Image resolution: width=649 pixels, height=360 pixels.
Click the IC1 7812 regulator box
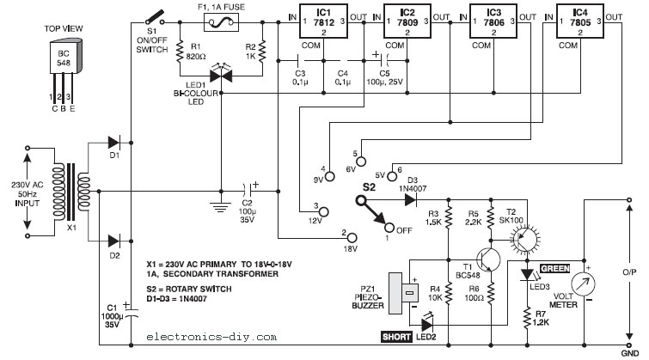pyautogui.click(x=324, y=21)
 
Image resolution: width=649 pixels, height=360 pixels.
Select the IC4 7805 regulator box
pyautogui.click(x=580, y=21)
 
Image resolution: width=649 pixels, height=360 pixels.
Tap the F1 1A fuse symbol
pyautogui.click(x=222, y=22)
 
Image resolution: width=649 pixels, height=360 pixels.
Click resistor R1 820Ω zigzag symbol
pyautogui.click(x=180, y=51)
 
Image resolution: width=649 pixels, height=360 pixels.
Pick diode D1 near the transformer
pyautogui.click(x=113, y=143)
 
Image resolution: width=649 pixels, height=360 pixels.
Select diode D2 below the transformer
pyautogui.click(x=113, y=241)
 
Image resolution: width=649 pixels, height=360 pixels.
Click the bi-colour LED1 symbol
pyautogui.click(x=221, y=76)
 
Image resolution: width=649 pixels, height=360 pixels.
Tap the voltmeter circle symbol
pyautogui.click(x=583, y=284)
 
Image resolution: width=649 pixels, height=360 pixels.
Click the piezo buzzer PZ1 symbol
pyautogui.click(x=403, y=293)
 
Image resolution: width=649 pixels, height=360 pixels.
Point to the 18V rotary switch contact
pyautogui.click(x=352, y=238)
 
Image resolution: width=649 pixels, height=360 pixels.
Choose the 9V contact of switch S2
pyautogui.click(x=329, y=177)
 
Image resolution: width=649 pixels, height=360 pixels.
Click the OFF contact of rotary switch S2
pyautogui.click(x=389, y=227)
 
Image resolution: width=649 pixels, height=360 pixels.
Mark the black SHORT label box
pyautogui.click(x=396, y=337)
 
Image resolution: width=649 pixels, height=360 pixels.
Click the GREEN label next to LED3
pyautogui.click(x=555, y=269)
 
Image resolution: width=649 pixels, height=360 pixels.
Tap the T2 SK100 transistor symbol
pyautogui.click(x=524, y=238)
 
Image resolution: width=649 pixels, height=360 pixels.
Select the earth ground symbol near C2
pyautogui.click(x=221, y=206)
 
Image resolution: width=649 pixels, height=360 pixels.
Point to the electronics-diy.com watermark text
pyautogui.click(x=211, y=338)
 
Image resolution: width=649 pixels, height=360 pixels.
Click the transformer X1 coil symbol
pyautogui.click(x=71, y=192)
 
